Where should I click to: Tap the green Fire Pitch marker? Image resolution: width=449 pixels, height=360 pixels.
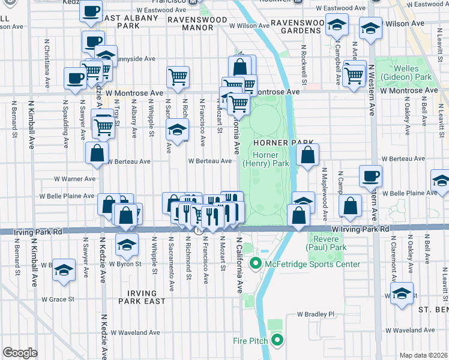click(276, 341)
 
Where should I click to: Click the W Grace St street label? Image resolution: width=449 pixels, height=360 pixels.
click(58, 299)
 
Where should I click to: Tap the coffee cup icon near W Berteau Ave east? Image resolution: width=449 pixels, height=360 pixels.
click(370, 175)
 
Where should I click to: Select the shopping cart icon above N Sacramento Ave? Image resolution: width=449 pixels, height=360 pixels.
click(178, 76)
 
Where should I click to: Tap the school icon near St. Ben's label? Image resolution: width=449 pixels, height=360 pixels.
click(402, 293)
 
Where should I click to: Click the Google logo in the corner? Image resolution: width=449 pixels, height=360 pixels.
click(20, 353)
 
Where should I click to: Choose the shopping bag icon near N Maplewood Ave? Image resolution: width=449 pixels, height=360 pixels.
click(350, 205)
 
